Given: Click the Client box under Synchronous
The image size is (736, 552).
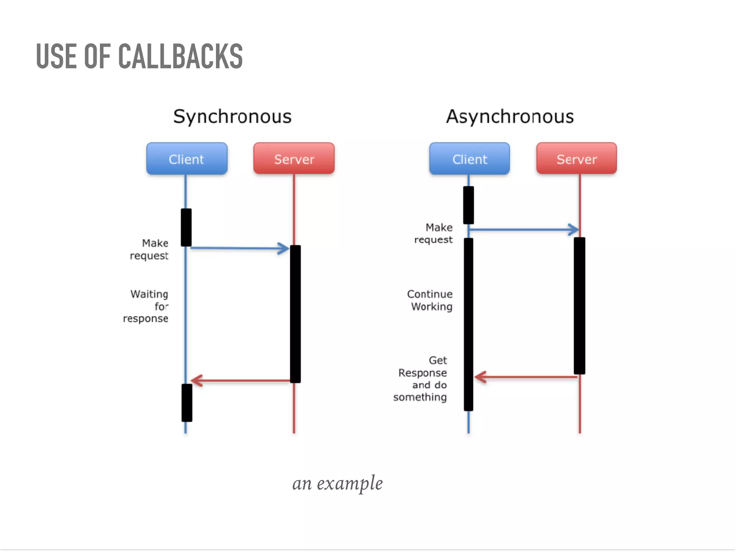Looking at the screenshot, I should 187,159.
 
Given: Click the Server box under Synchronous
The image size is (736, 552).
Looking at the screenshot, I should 294,159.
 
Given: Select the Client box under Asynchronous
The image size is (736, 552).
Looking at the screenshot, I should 469,159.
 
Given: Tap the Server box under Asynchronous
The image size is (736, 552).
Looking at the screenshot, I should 576,159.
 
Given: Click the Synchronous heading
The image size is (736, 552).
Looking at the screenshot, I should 232,117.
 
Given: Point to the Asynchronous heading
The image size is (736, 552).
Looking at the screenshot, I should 510,117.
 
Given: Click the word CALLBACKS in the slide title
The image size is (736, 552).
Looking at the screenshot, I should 180,56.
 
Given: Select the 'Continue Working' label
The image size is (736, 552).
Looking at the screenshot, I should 430,300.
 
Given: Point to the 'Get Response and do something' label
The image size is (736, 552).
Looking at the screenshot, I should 421,378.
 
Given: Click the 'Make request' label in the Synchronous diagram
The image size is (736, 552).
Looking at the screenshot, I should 150,249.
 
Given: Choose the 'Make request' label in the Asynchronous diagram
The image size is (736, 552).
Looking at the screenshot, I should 434,234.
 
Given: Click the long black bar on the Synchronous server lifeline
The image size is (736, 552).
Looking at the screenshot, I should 295,314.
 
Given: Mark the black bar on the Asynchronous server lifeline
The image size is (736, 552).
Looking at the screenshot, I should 579,305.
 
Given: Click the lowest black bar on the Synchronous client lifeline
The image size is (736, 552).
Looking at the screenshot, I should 187,402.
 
